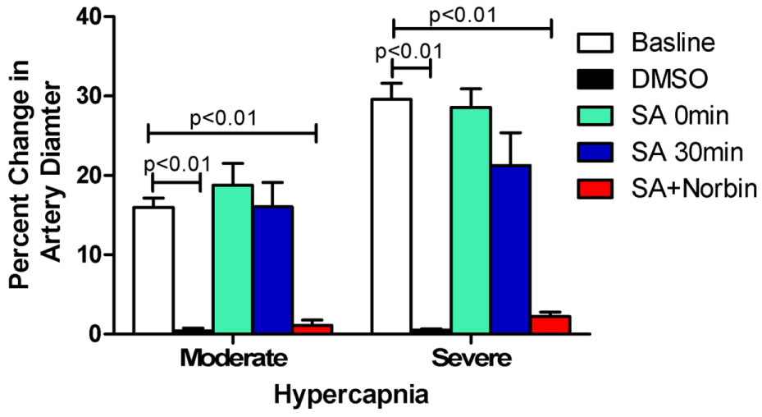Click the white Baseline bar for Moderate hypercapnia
click(153, 270)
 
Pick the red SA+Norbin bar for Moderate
click(313, 328)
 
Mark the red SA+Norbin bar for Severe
click(550, 324)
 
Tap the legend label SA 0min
click(680, 116)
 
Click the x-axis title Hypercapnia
click(351, 396)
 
